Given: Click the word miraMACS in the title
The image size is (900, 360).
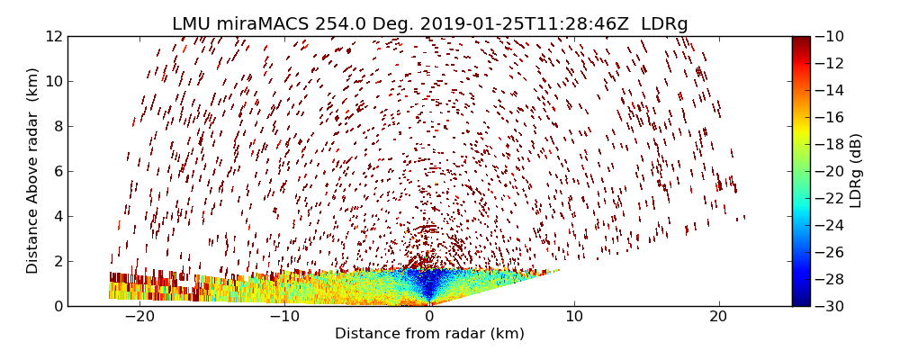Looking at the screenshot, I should tap(266, 24).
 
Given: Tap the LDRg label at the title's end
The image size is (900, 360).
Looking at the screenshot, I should tap(664, 24).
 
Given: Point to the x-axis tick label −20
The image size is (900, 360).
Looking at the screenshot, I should tap(139, 317).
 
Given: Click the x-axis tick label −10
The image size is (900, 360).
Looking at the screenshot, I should tap(284, 317).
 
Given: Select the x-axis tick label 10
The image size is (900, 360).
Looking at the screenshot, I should tap(574, 317).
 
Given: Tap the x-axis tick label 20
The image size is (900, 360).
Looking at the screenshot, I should tap(718, 317).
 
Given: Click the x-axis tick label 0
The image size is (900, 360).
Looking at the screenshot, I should tap(429, 317).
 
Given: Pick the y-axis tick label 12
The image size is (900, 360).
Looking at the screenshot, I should tap(53, 37).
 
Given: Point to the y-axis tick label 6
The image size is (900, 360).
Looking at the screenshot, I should tap(57, 171).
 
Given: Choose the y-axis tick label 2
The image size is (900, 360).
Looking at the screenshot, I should tap(57, 261).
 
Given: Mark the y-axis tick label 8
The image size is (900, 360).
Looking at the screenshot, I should tap(57, 126).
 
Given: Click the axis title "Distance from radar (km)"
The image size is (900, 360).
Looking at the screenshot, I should tap(429, 334).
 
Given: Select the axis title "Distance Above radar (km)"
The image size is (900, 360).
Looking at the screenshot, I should tap(33, 171).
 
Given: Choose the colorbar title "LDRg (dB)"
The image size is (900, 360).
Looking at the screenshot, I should tap(856, 171).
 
